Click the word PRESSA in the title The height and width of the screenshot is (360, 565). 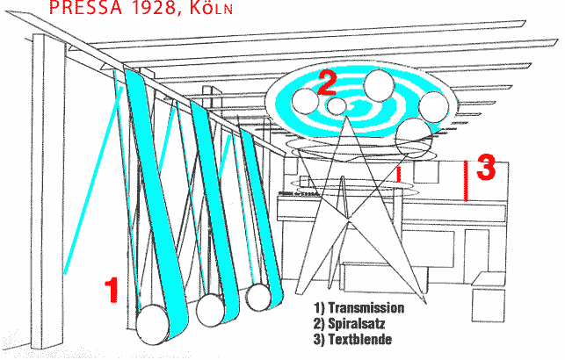(86, 7)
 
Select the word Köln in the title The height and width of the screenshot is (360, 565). (211, 9)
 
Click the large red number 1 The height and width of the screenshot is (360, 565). (112, 290)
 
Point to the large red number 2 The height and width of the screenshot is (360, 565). (327, 83)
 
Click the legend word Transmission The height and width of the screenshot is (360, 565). (366, 308)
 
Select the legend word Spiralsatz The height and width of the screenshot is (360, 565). (356, 324)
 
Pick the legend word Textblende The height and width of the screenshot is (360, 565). (359, 339)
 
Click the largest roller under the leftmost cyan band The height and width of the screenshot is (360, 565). (152, 324)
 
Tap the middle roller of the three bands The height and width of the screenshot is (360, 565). (210, 310)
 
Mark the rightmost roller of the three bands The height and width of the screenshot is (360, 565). (258, 298)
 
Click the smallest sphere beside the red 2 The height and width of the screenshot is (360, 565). (337, 106)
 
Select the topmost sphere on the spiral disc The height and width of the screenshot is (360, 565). (379, 85)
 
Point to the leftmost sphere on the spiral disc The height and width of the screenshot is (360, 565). (305, 101)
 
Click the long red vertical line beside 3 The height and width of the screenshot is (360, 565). (466, 181)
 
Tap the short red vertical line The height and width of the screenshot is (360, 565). (399, 174)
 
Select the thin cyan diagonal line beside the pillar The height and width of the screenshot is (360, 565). (92, 180)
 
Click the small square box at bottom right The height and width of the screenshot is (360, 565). (489, 306)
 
